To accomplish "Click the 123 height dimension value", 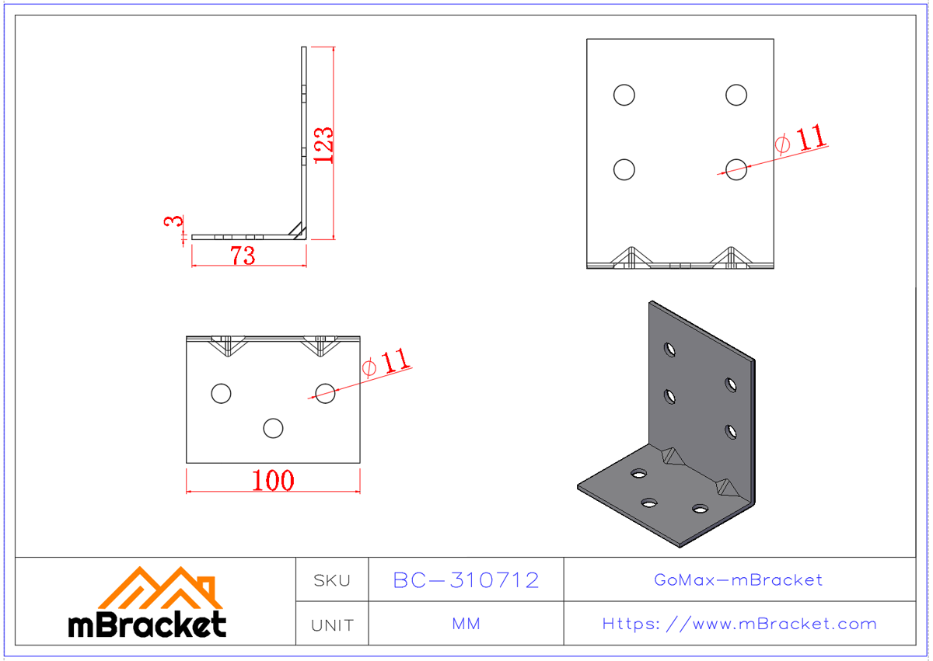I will tap(324, 144).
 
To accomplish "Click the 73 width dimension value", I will tap(243, 255).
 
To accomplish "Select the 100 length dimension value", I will tap(273, 481).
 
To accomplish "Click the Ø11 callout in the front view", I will tap(802, 140).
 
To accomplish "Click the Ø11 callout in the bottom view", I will tap(386, 362).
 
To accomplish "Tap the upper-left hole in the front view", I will tap(624, 95).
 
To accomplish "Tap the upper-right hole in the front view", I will tap(736, 95).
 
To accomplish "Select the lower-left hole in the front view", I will tap(624, 169).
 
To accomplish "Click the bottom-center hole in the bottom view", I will tap(273, 428).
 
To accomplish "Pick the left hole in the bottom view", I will tap(221, 394).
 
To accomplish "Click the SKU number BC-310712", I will tap(466, 580).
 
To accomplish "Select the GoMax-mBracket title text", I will tap(738, 579).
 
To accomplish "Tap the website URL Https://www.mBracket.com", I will tap(739, 624).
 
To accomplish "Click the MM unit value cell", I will tap(466, 624).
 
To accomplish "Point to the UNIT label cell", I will tap(332, 624).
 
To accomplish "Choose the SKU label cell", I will tap(332, 580).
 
